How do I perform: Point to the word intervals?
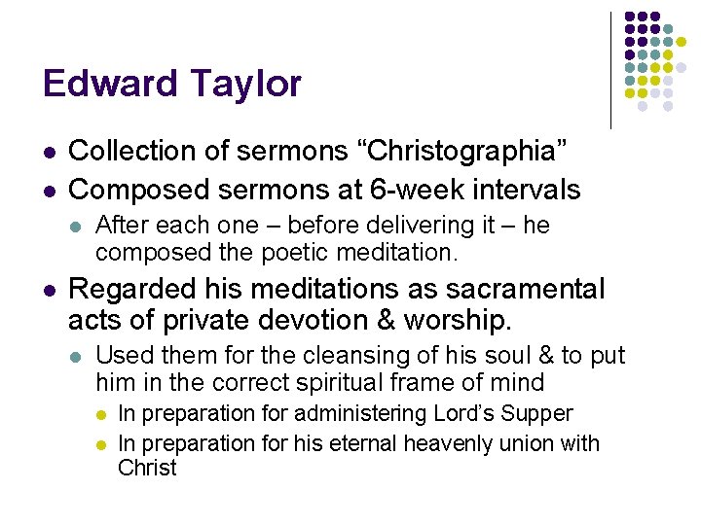click(525, 189)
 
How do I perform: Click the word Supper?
click(537, 413)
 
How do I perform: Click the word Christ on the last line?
click(147, 468)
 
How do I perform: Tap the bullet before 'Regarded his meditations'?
click(50, 290)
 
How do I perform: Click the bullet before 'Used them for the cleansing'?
click(77, 357)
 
